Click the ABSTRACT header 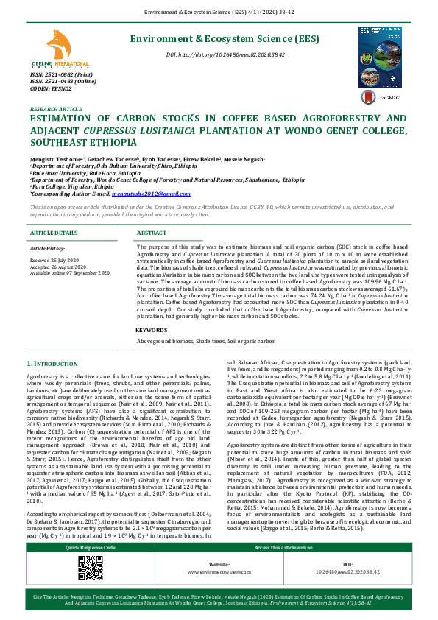[152, 233]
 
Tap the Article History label [48, 249]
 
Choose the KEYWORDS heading [152, 331]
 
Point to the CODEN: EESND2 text [50, 88]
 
